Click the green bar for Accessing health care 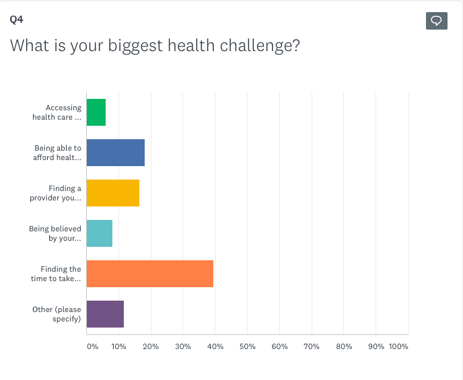pyautogui.click(x=96, y=112)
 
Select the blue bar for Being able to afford pyautogui.click(x=116, y=153)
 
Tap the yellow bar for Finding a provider pyautogui.click(x=113, y=193)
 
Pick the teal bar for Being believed pyautogui.click(x=100, y=233)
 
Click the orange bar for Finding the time pyautogui.click(x=150, y=274)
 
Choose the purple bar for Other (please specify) pyautogui.click(x=105, y=314)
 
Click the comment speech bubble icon pyautogui.click(x=437, y=21)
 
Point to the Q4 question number pyautogui.click(x=15, y=20)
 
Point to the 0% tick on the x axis pyautogui.click(x=92, y=346)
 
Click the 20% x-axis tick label pyautogui.click(x=151, y=346)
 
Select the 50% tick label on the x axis pyautogui.click(x=248, y=346)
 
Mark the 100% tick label pyautogui.click(x=398, y=346)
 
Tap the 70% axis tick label pyautogui.click(x=312, y=346)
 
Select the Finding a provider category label pyautogui.click(x=56, y=193)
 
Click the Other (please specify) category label pyautogui.click(x=57, y=314)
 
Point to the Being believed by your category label pyautogui.click(x=55, y=233)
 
